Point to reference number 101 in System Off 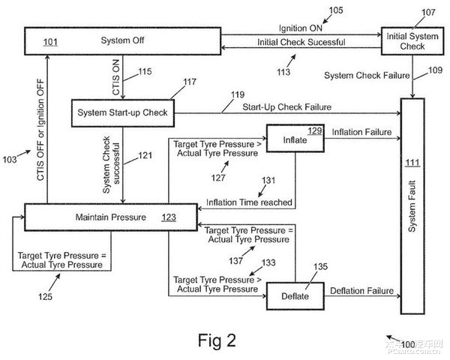pyautogui.click(x=50, y=42)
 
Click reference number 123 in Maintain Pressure pyautogui.click(x=169, y=217)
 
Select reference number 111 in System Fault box pyautogui.click(x=412, y=163)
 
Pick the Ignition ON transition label pyautogui.click(x=301, y=28)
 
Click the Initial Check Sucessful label pyautogui.click(x=301, y=42)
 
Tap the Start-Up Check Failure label pyautogui.click(x=287, y=107)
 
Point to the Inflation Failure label pyautogui.click(x=361, y=132)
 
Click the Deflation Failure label pyautogui.click(x=361, y=291)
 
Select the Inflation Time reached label pyautogui.click(x=249, y=202)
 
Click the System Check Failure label pyautogui.click(x=367, y=76)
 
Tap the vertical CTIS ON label pyautogui.click(x=116, y=77)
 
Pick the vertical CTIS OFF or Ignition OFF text pyautogui.click(x=40, y=130)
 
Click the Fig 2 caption pyautogui.click(x=217, y=340)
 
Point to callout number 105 pyautogui.click(x=336, y=10)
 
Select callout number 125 pyautogui.click(x=45, y=296)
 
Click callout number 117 pyautogui.click(x=190, y=82)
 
